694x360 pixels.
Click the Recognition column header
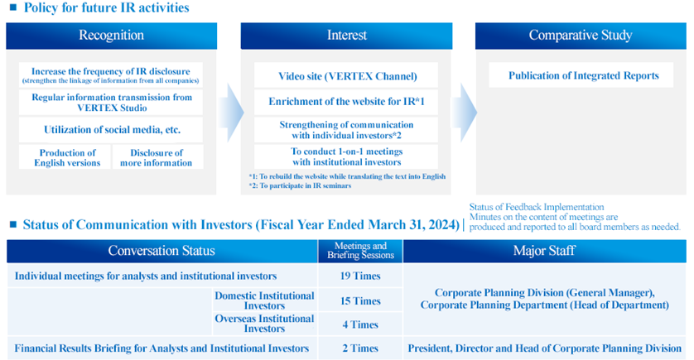[x=111, y=36]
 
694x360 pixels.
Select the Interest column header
[x=346, y=36]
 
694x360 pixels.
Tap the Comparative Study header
[x=581, y=36]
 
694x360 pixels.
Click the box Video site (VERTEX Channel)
[x=346, y=75]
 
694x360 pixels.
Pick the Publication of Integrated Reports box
[x=581, y=75]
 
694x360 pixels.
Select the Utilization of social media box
[x=111, y=130]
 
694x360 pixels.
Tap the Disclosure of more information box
[x=157, y=157]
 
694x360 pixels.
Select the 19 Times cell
[x=360, y=276]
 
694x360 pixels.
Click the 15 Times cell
[x=360, y=300]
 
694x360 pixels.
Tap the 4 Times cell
[x=360, y=324]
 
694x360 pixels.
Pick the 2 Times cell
[x=360, y=348]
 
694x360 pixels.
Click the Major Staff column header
[x=544, y=251]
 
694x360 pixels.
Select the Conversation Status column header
[x=162, y=251]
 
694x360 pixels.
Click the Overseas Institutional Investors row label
[x=264, y=324]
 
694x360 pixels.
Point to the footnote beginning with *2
[x=300, y=185]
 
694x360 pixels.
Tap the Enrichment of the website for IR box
[x=346, y=102]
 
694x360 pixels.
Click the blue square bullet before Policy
[x=12, y=7]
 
